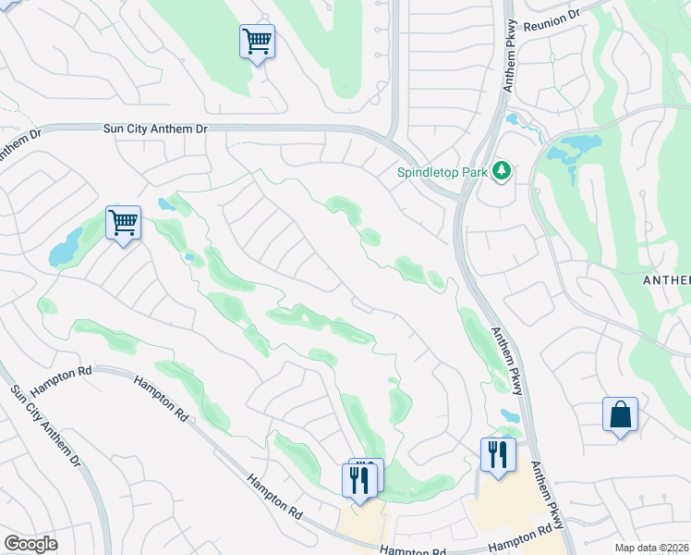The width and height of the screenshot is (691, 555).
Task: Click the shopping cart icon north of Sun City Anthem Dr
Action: click(x=257, y=42)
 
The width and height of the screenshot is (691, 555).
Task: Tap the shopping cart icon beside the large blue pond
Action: click(x=123, y=223)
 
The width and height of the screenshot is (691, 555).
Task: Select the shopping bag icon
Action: click(x=620, y=414)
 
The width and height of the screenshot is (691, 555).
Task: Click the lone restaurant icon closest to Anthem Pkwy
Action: click(x=497, y=455)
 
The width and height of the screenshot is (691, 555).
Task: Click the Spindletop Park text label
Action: click(x=442, y=171)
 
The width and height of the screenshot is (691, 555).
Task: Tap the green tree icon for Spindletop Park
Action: click(x=502, y=170)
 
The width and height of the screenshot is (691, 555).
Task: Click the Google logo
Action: click(x=30, y=544)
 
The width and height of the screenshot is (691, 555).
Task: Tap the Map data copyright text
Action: click(x=651, y=548)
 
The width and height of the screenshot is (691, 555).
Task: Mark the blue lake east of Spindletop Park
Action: click(x=577, y=146)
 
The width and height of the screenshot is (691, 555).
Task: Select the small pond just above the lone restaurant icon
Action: click(x=509, y=416)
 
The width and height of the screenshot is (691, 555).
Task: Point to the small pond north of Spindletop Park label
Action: click(x=512, y=119)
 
